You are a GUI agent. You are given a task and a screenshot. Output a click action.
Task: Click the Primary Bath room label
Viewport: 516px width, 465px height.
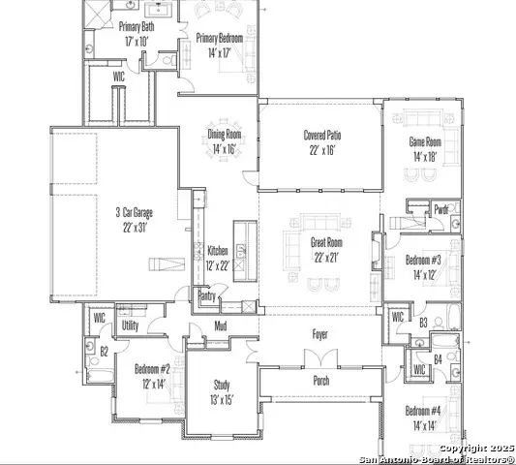coord(137,27)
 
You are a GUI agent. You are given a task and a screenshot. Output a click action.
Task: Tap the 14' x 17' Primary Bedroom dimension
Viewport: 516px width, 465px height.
coord(220,52)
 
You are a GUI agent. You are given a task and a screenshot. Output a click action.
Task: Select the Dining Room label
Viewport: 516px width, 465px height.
coord(225,135)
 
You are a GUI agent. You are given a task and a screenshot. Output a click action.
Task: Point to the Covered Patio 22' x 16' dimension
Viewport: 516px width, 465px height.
coord(321,150)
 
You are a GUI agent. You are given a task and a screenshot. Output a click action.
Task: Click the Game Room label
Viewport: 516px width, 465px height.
coord(425,142)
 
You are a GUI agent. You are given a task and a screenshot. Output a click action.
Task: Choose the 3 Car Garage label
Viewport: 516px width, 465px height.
coord(135,212)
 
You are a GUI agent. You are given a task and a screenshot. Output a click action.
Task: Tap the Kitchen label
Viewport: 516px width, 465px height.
coord(218,251)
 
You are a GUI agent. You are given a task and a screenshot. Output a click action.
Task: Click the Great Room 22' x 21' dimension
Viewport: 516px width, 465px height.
coord(326,258)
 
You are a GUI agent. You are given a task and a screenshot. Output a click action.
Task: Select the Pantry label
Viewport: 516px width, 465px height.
coord(206,296)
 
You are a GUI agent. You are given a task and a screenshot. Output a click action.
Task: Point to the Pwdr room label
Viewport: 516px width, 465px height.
coord(441,209)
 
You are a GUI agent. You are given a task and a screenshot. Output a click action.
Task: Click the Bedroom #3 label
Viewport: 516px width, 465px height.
coord(423,260)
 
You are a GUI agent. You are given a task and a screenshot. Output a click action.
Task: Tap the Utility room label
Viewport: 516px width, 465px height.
coord(131,325)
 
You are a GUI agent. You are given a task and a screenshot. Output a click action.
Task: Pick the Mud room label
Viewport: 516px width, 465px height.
coord(221,326)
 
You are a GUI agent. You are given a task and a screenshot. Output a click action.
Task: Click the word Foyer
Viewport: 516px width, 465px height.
coord(319,334)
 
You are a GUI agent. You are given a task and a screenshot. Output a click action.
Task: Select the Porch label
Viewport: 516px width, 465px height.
coord(321,381)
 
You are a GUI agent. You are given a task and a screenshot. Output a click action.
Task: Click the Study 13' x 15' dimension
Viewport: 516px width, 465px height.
coord(222,400)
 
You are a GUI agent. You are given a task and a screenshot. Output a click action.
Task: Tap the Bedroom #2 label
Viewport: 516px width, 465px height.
coord(152,369)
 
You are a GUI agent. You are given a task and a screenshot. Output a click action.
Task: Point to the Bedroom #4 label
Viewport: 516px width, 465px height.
coord(423,411)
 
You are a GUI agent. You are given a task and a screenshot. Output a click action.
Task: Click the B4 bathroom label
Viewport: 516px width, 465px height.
coord(438,359)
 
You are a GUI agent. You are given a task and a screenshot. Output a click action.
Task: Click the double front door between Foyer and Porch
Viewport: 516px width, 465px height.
coord(320,358)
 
